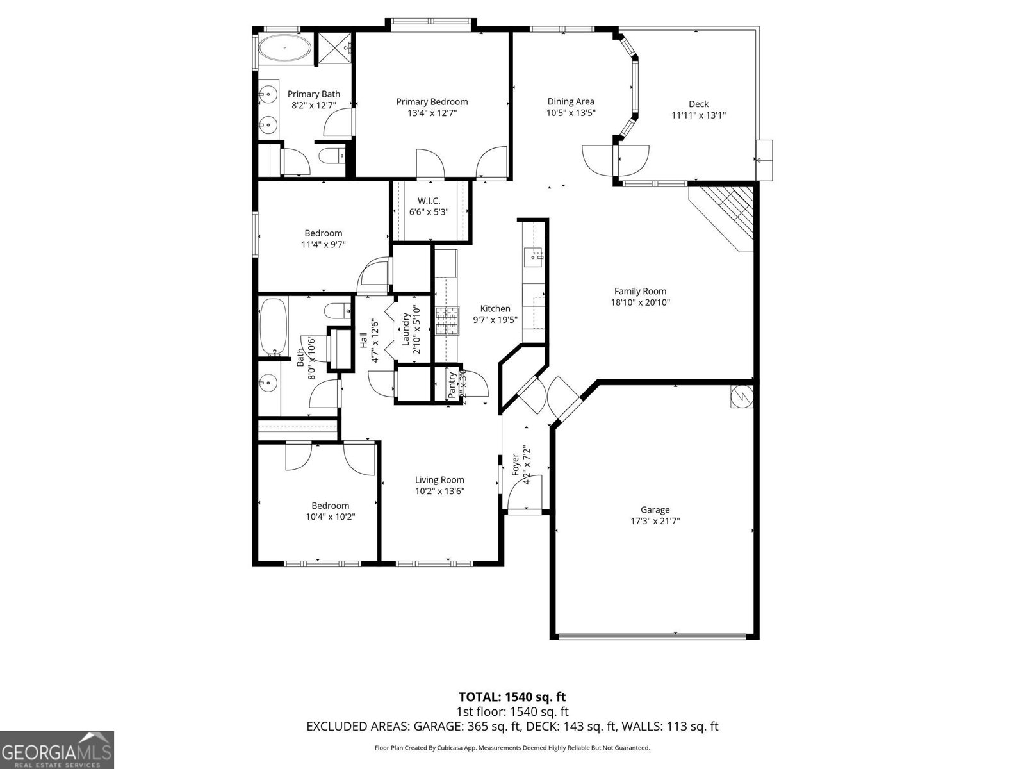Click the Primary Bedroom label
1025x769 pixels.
click(x=432, y=102)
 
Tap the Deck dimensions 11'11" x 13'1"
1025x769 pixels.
click(x=698, y=115)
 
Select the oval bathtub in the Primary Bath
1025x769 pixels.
click(x=284, y=48)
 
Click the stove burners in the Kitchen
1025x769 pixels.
click(x=448, y=321)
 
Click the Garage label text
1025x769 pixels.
click(x=655, y=510)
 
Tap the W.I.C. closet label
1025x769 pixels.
click(x=429, y=201)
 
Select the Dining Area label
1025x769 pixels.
click(x=570, y=101)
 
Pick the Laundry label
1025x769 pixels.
click(x=406, y=329)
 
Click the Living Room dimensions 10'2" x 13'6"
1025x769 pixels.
click(x=439, y=491)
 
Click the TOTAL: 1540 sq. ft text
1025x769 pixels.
click(x=512, y=697)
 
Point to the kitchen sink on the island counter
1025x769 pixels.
click(x=533, y=258)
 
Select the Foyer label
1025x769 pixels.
click(x=515, y=465)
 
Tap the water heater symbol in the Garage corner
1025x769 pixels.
click(x=742, y=397)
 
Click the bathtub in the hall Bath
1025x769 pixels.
click(x=272, y=327)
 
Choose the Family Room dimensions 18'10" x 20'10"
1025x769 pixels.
click(x=640, y=302)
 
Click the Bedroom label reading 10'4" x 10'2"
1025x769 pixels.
click(x=330, y=517)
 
